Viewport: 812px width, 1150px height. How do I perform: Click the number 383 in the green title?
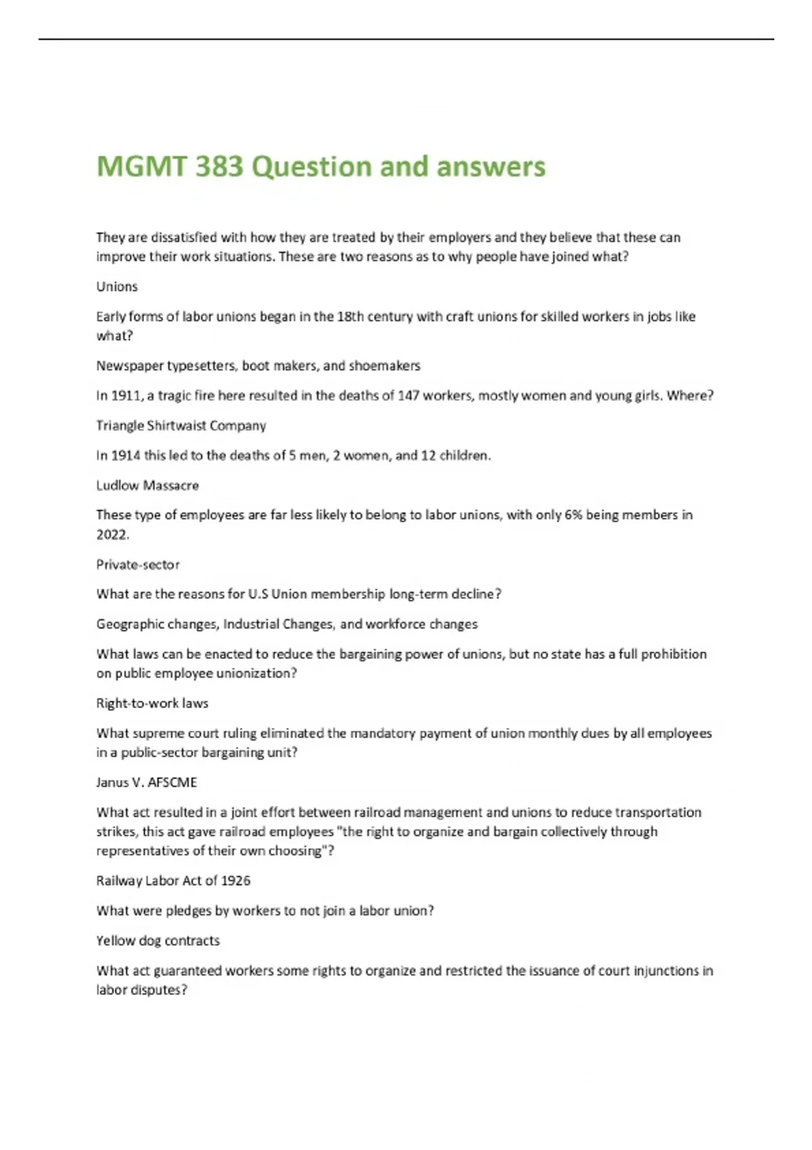coord(219,166)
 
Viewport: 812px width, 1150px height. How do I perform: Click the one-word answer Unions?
coord(116,287)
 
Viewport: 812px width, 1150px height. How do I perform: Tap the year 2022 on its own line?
coord(112,534)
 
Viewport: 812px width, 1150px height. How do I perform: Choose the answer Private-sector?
coord(137,565)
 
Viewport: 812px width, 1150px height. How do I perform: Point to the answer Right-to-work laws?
coord(152,704)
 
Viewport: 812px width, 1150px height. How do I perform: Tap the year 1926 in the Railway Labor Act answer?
coord(235,881)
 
